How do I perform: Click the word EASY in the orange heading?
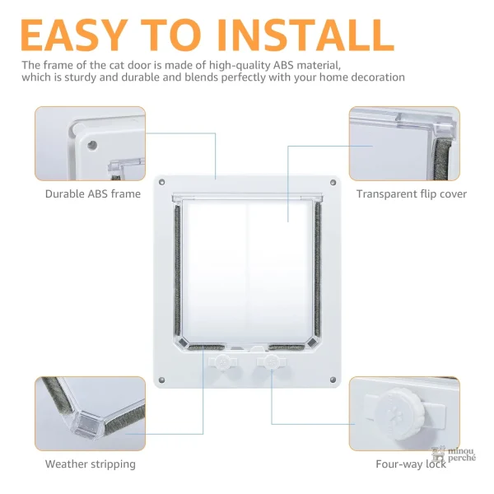[74, 35]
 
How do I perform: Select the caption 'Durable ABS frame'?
[93, 193]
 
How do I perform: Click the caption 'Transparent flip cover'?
[412, 194]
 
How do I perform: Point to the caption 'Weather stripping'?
[91, 464]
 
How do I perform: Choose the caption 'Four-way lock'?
[411, 464]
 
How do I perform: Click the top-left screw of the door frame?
[162, 182]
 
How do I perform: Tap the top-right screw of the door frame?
[333, 183]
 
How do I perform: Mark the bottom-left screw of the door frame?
[162, 380]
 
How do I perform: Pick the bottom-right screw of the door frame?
[333, 380]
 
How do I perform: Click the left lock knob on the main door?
[223, 362]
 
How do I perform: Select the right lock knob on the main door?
[271, 362]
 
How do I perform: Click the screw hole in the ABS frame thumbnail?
[92, 145]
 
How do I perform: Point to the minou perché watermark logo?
[454, 454]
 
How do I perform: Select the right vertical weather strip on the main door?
[318, 269]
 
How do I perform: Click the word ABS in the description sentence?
[283, 65]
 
